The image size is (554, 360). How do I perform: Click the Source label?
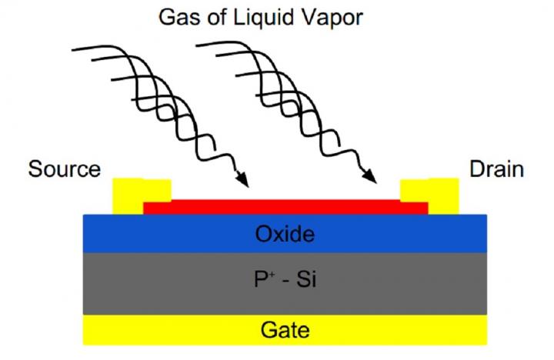click(64, 169)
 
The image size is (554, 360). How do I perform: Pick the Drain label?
click(496, 169)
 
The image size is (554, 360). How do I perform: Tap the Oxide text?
click(284, 234)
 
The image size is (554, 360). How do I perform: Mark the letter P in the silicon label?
click(262, 282)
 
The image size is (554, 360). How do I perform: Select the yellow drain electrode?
click(442, 195)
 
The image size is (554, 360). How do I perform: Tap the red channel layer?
click(284, 206)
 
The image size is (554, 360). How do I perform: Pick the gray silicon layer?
click(154, 282)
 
